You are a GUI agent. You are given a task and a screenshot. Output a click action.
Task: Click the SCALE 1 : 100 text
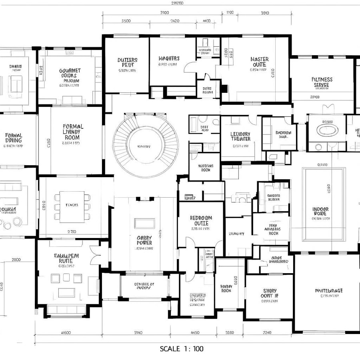tap(182, 348)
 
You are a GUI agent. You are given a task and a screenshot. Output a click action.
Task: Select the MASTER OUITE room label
tap(260, 62)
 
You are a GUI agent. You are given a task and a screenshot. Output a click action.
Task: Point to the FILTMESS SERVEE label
tap(322, 82)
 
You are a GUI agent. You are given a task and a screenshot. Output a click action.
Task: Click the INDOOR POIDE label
tap(320, 212)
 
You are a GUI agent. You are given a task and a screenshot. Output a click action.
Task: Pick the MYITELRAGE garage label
tap(329, 291)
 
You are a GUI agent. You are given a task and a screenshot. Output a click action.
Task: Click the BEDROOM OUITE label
tap(201, 221)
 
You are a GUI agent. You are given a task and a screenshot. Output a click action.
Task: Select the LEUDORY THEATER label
tap(240, 136)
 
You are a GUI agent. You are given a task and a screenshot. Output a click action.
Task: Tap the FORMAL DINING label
tap(14, 138)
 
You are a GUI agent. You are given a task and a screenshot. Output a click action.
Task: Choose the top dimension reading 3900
tap(164, 13)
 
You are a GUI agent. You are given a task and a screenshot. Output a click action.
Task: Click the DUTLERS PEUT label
tap(127, 62)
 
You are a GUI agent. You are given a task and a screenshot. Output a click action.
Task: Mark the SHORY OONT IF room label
tap(270, 294)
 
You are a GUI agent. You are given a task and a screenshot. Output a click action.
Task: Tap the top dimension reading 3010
tap(265, 13)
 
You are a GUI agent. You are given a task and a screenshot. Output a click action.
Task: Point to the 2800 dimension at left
tap(16, 260)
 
